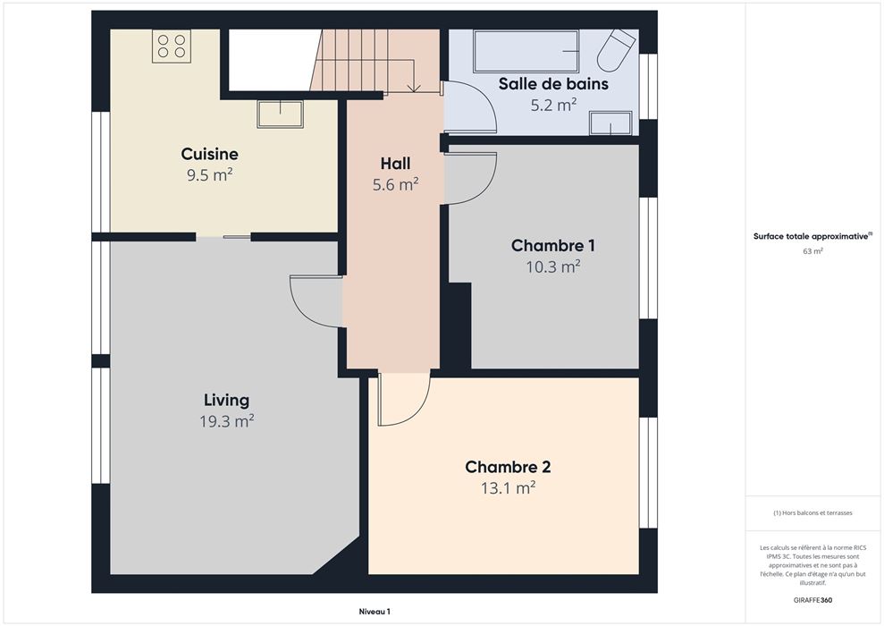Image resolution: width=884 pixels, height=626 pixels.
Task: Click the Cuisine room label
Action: pyautogui.click(x=210, y=154)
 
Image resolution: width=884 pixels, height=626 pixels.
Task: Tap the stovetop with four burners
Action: pyautogui.click(x=172, y=46)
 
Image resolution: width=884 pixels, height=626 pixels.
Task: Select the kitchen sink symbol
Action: pyautogui.click(x=280, y=114)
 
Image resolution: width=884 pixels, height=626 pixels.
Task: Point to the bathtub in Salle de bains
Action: pyautogui.click(x=526, y=51)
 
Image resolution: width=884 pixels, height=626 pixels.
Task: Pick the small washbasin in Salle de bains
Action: pyautogui.click(x=610, y=123)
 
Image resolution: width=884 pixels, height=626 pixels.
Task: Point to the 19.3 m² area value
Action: pyautogui.click(x=227, y=421)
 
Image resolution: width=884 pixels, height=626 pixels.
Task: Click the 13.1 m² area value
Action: pyautogui.click(x=508, y=487)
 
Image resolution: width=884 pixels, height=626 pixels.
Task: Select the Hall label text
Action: pyautogui.click(x=395, y=164)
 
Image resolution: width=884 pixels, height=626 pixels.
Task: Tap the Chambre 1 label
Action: pyautogui.click(x=552, y=245)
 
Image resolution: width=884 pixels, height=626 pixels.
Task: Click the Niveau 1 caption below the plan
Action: pyautogui.click(x=375, y=612)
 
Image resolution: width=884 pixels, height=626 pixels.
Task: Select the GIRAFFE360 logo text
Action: pyautogui.click(x=812, y=600)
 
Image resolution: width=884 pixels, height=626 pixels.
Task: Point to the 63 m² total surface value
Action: pyautogui.click(x=813, y=251)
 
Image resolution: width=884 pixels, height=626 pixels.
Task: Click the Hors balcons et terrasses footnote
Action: pyautogui.click(x=813, y=513)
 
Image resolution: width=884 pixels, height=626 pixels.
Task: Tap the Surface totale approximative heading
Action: pyautogui.click(x=812, y=236)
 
